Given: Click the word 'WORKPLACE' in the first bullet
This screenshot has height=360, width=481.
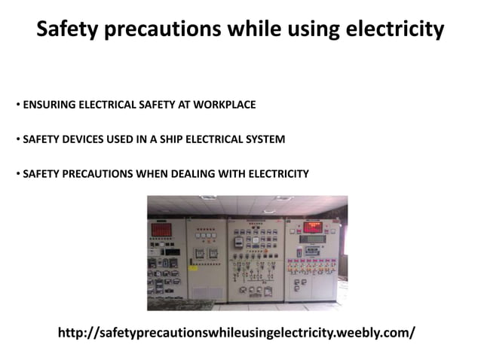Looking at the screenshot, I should tap(224, 105).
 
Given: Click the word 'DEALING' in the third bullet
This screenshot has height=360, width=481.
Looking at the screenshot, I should tap(194, 174).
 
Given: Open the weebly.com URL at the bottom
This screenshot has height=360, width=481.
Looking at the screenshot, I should tap(236, 332).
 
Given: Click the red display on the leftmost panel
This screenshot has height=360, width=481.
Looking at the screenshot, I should tap(161, 230).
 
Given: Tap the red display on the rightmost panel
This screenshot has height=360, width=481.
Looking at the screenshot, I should tap(312, 227).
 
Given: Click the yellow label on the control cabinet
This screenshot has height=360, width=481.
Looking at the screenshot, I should tap(193, 266).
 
